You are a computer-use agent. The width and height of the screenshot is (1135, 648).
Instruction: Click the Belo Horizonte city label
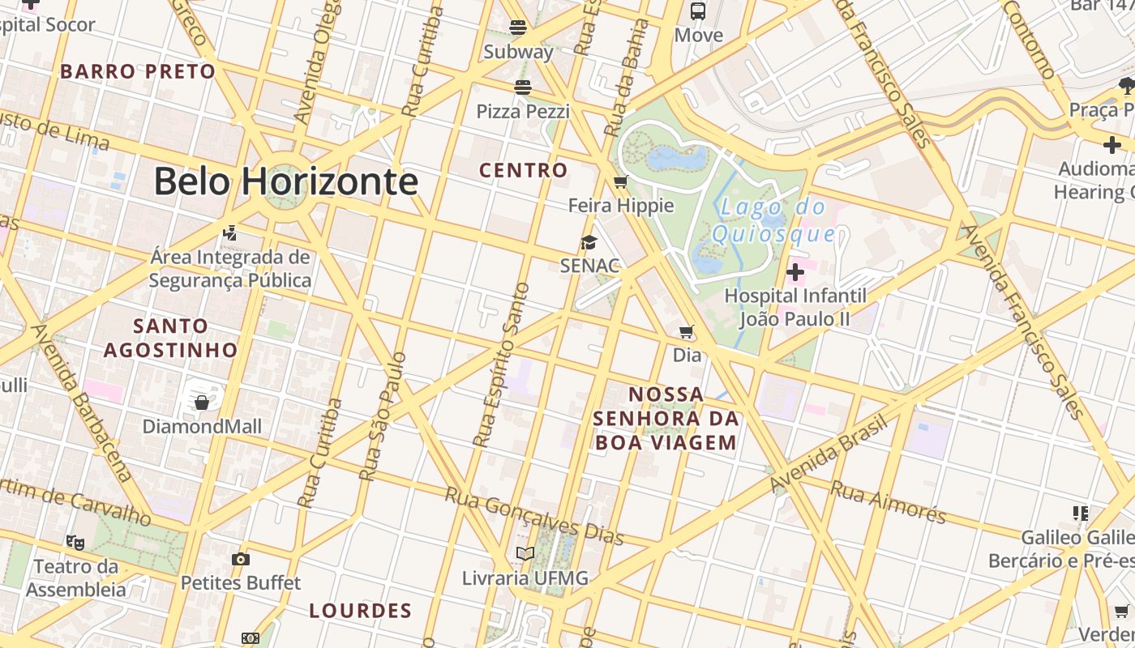pyautogui.click(x=285, y=181)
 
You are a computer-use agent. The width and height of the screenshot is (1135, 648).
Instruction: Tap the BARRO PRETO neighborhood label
pyautogui.click(x=138, y=71)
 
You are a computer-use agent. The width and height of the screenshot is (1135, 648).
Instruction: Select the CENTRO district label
pyautogui.click(x=523, y=170)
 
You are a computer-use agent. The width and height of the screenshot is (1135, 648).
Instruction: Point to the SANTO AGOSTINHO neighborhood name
pyautogui.click(x=170, y=338)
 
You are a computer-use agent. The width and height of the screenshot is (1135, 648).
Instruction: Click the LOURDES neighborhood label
pyautogui.click(x=361, y=611)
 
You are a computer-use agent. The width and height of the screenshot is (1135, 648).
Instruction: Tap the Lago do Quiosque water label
pyautogui.click(x=773, y=220)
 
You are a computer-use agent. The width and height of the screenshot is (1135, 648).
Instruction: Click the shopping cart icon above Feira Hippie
pyautogui.click(x=621, y=181)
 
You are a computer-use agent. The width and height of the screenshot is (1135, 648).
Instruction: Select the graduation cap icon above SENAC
pyautogui.click(x=589, y=242)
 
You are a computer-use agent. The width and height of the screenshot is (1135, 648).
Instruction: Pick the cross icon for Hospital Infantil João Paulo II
pyautogui.click(x=795, y=271)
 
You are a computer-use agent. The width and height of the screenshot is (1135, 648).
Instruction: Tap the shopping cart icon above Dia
pyautogui.click(x=687, y=331)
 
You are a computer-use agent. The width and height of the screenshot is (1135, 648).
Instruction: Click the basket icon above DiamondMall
pyautogui.click(x=202, y=402)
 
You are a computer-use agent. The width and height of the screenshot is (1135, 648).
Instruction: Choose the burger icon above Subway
pyautogui.click(x=518, y=28)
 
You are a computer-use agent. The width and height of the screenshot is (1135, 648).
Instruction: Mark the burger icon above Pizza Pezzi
pyautogui.click(x=523, y=87)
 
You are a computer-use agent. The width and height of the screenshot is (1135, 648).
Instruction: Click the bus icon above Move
pyautogui.click(x=698, y=11)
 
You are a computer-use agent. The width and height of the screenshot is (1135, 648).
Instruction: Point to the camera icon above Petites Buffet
pyautogui.click(x=240, y=559)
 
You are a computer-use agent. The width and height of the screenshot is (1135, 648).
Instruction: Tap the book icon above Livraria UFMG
pyautogui.click(x=525, y=554)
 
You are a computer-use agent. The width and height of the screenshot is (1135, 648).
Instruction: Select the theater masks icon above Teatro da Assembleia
pyautogui.click(x=75, y=542)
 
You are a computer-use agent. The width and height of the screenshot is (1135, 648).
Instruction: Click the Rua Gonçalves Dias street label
pyautogui.click(x=535, y=516)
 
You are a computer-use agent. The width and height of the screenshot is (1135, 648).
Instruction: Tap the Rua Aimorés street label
pyautogui.click(x=889, y=501)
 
